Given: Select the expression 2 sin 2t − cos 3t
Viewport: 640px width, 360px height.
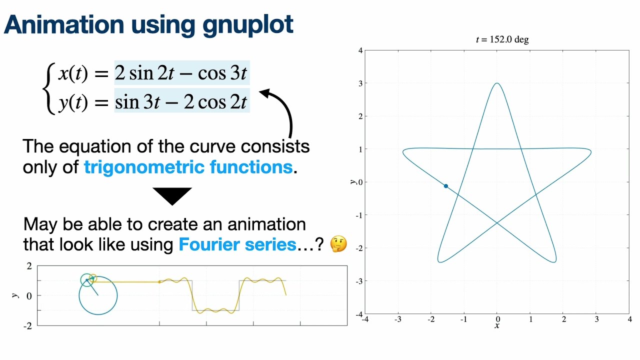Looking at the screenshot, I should pyautogui.click(x=181, y=73).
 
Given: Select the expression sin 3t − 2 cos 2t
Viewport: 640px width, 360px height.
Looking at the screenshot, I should pyautogui.click(x=181, y=102).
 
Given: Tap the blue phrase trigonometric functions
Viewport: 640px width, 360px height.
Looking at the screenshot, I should pyautogui.click(x=188, y=167).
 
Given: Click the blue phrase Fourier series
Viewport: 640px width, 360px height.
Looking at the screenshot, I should pyautogui.click(x=237, y=244).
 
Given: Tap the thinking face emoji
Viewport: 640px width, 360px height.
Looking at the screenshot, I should pyautogui.click(x=339, y=244).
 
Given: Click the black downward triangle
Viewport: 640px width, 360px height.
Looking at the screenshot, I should pyautogui.click(x=172, y=195).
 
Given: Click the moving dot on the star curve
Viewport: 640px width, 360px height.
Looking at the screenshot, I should pyautogui.click(x=446, y=186).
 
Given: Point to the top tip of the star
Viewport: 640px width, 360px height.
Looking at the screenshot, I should pyautogui.click(x=497, y=83).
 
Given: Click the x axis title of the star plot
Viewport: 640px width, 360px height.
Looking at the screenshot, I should pyautogui.click(x=497, y=326).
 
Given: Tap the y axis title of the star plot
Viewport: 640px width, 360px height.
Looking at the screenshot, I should pyautogui.click(x=353, y=182).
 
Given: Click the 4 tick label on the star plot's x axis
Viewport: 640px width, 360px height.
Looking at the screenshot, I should pyautogui.click(x=629, y=319).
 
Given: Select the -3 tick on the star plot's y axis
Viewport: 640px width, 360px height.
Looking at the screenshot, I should pyautogui.click(x=358, y=281).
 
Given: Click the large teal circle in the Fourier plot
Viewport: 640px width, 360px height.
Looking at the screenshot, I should pyautogui.click(x=98, y=296).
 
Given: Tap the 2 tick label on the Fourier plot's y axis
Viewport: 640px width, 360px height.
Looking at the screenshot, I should pyautogui.click(x=29, y=265).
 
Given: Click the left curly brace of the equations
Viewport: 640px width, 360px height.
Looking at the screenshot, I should pyautogui.click(x=48, y=88).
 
